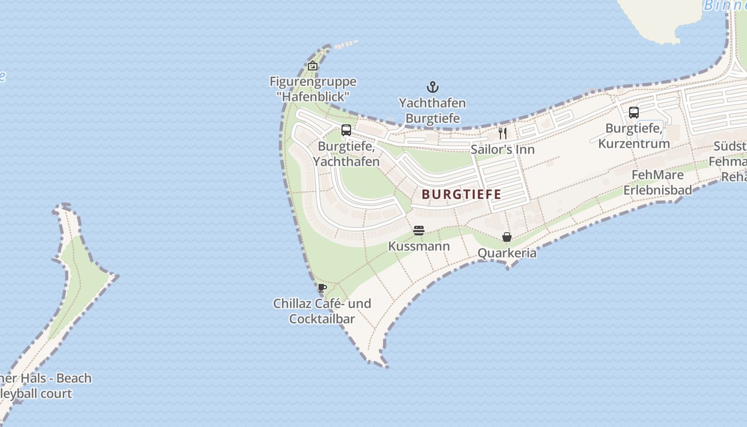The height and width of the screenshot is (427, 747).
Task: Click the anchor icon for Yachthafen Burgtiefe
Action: tap(432, 87)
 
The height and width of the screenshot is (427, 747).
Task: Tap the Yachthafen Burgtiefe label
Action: tap(432, 110)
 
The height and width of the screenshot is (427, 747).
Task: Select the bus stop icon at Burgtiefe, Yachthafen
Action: tap(346, 130)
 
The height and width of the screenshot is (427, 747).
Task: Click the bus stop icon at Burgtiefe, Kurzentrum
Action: tap(634, 113)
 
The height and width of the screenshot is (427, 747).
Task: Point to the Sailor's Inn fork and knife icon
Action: tap(502, 133)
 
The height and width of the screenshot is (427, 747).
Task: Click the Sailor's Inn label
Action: tap(502, 149)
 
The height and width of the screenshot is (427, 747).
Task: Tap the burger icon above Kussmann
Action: tap(419, 231)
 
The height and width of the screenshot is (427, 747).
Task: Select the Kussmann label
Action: tap(419, 246)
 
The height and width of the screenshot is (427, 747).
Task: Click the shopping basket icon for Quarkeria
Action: tap(507, 237)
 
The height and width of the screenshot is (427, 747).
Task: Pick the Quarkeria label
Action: tap(507, 253)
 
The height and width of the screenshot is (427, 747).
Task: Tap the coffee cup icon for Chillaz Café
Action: tap(322, 288)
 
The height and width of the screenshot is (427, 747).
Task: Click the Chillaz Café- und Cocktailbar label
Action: tap(322, 311)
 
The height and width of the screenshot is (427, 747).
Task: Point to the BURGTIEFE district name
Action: tap(462, 194)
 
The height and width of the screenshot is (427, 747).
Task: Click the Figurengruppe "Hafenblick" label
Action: tap(313, 89)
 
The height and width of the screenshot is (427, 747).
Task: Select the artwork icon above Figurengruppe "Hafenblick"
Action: tap(313, 66)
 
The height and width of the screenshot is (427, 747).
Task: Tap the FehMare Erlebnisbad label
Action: tap(657, 183)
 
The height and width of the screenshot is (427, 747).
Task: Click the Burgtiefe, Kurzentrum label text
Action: tap(634, 136)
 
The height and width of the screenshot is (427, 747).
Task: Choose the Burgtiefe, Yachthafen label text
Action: tap(346, 154)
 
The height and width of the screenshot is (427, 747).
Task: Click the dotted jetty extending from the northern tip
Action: tap(346, 44)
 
